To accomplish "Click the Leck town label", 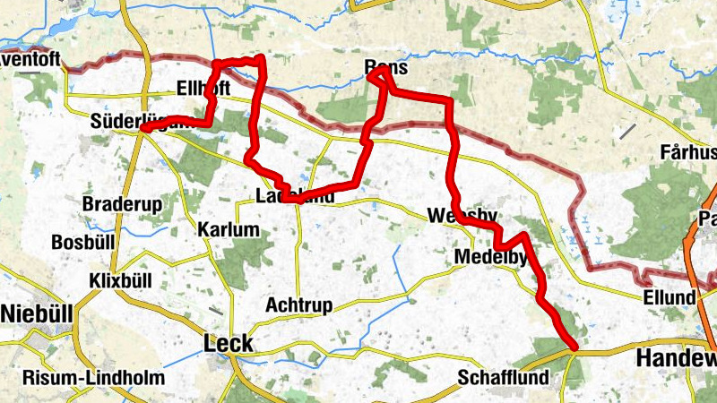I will click(x=229, y=343).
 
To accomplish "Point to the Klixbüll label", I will click(x=121, y=280).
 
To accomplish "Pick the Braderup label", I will click(x=122, y=204).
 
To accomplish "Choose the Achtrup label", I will click(x=298, y=305).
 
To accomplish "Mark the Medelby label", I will click(x=489, y=258).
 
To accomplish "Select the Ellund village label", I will click(x=669, y=297).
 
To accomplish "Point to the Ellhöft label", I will click(x=204, y=89).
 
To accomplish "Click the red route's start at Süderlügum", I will click(x=143, y=129).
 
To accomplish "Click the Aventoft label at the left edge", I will click(x=30, y=62).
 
